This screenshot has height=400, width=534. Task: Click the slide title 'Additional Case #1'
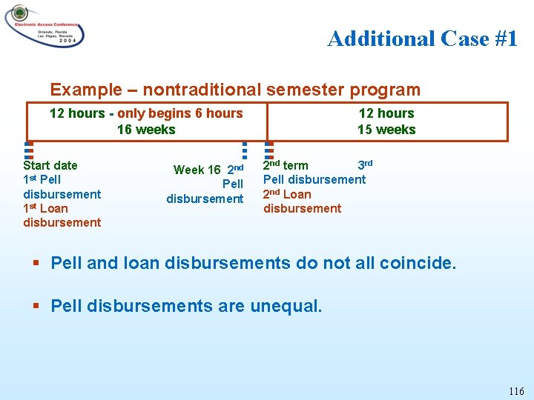[x=422, y=39]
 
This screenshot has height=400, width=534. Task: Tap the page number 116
[x=516, y=391]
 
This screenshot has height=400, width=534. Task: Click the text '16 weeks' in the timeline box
[x=146, y=130]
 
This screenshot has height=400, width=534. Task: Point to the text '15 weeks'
[x=386, y=130]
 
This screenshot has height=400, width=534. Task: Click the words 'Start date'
[x=50, y=165]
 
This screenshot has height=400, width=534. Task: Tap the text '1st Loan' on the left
[x=45, y=208]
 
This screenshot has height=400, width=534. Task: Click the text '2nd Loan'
[x=287, y=194]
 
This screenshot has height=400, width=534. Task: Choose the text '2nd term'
[x=286, y=165]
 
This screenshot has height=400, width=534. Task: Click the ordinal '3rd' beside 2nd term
[x=365, y=164]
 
